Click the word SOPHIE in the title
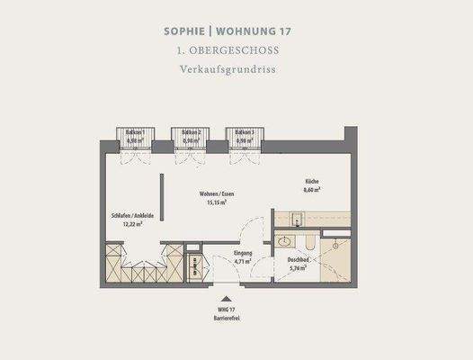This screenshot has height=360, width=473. pos(186,31)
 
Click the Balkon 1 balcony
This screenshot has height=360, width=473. pos(136,138)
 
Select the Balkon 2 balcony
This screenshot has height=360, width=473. pos(191,138)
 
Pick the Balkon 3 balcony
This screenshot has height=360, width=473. pos(245,138)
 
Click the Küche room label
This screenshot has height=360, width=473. pos(311,183)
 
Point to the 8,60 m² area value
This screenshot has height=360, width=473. pos(311,191)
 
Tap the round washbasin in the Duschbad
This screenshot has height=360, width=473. pos(284,241)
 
